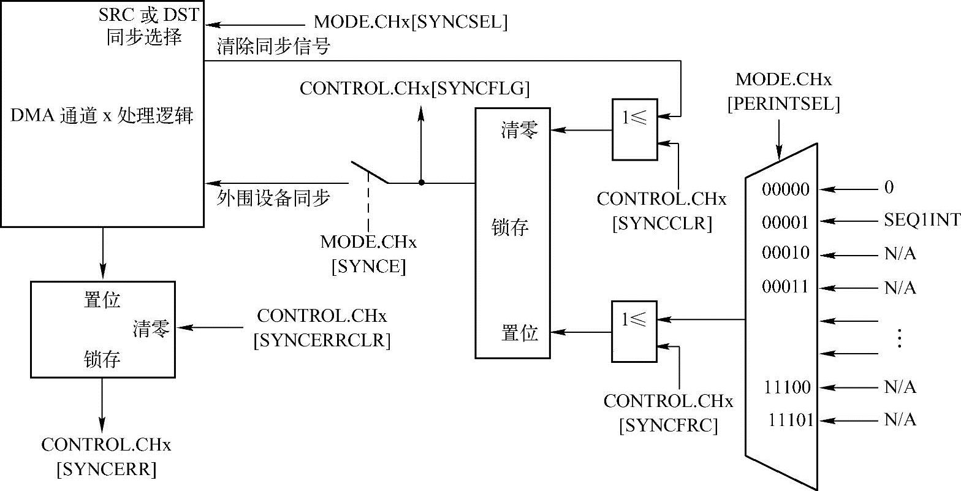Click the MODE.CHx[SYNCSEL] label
pos(411,23)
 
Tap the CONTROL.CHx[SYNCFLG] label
pos(414,88)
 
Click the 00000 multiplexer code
pos(786,189)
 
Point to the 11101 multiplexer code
pos(791,421)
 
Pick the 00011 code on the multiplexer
pos(786,286)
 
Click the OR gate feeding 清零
pos(634,129)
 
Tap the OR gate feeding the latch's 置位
pos(634,331)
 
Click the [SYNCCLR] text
pos(663,224)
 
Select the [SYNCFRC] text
pos(668,425)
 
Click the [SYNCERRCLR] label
pos(322,341)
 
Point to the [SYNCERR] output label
pos(106,470)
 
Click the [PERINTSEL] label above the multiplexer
pos(783,104)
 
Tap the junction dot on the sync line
pos(421,183)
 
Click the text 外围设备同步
pos(273,198)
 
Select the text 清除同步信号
pos(273,47)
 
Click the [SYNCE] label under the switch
pos(368,267)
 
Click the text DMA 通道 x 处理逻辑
pos(102,116)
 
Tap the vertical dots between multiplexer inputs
pos(899,338)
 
